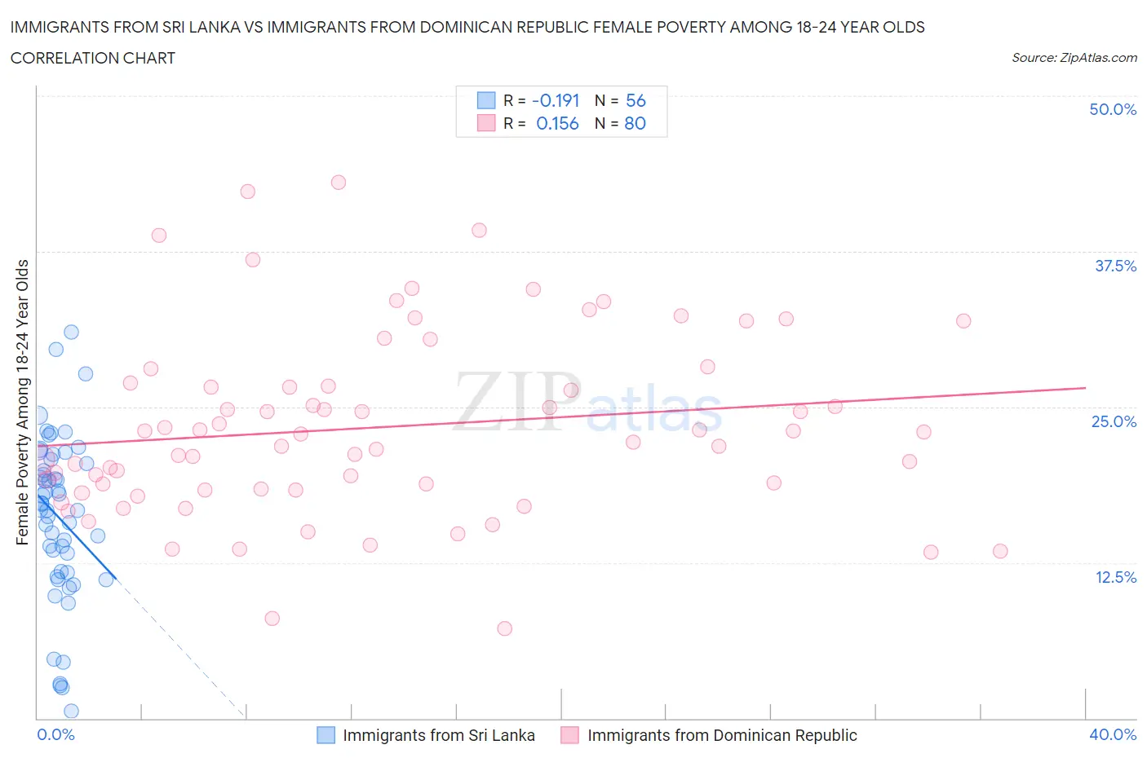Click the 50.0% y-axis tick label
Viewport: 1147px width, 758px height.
pos(1113,109)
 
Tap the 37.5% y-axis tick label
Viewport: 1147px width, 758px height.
pos(1115,266)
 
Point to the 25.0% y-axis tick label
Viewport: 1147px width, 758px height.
pos(1114,421)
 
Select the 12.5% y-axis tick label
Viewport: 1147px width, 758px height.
pos(1115,577)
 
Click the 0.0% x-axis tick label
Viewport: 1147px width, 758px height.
pos(55,734)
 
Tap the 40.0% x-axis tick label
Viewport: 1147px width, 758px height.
pos(1113,734)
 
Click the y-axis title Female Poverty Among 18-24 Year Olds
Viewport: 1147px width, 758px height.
pos(23,402)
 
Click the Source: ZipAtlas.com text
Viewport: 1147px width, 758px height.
pos(1074,58)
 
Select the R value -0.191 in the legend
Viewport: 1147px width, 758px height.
pos(556,100)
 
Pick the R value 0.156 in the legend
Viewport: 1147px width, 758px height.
pos(557,123)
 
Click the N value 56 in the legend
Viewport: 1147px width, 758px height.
pos(635,100)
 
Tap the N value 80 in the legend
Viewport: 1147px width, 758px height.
pos(635,123)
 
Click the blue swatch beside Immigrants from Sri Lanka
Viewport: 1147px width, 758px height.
pos(325,735)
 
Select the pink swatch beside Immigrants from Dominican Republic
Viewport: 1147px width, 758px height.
pos(569,735)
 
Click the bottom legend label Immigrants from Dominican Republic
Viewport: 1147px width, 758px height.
pos(722,735)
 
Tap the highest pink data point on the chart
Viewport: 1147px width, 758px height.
pos(339,183)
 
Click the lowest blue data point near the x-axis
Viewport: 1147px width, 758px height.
pos(71,711)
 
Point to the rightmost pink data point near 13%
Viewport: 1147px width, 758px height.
pos(1000,551)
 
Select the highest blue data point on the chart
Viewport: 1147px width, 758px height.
pos(71,332)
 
